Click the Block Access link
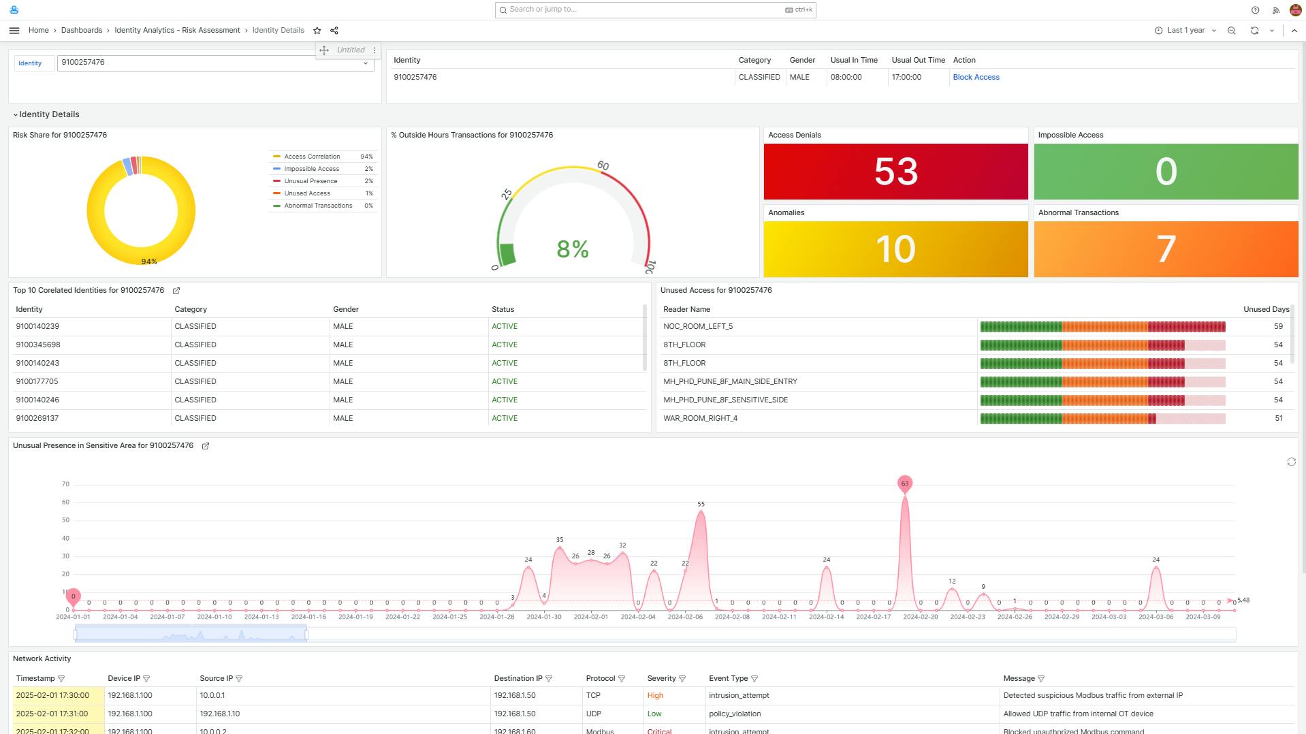point(976,77)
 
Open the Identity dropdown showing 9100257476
point(215,63)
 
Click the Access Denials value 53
point(895,172)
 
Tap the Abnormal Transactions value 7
point(1165,249)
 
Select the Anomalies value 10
point(895,249)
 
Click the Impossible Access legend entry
point(311,169)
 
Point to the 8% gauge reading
point(572,249)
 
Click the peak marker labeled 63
point(904,483)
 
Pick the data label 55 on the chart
point(701,505)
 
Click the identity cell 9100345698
point(38,345)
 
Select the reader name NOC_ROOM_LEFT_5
point(698,326)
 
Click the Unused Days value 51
point(1278,418)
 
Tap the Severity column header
point(661,678)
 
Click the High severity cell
point(655,695)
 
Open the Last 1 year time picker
point(1185,31)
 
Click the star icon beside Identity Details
point(317,31)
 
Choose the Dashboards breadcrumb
point(82,31)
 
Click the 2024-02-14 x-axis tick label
point(826,617)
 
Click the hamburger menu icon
point(14,31)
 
